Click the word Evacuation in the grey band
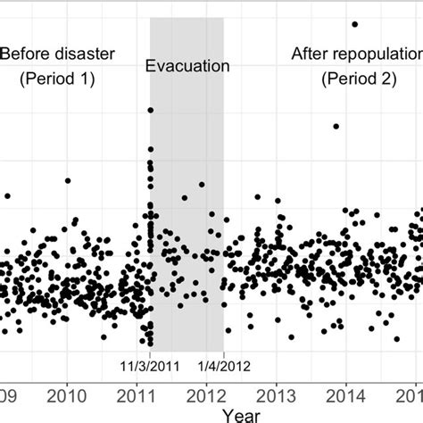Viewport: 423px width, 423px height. click(187, 66)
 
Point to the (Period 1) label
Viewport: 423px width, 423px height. click(56, 79)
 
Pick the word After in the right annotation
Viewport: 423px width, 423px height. click(311, 54)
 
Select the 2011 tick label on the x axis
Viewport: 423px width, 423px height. click(137, 394)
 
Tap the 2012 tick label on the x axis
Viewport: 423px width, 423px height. click(207, 394)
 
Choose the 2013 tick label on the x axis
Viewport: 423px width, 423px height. click(277, 394)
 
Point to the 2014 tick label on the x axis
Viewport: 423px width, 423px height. click(346, 394)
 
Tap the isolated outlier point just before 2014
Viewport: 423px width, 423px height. click(336, 127)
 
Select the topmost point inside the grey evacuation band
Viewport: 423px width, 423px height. click(150, 110)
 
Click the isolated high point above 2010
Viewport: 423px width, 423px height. click(68, 180)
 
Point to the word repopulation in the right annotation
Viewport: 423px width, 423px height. click(375, 54)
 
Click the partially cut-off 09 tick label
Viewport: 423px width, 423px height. click(8, 394)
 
